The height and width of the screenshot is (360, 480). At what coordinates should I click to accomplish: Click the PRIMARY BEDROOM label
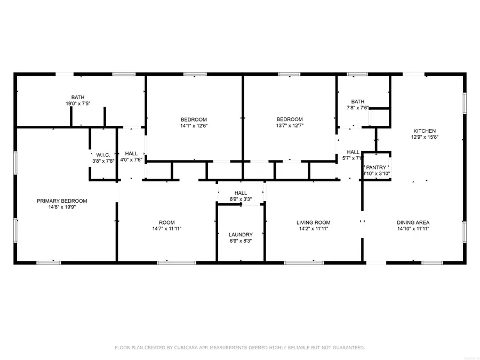coord(62,201)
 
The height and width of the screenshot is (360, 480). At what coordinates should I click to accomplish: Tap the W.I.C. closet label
coord(103,155)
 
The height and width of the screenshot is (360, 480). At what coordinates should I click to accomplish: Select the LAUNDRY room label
coord(241,235)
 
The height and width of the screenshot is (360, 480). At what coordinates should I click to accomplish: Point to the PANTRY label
coord(377,167)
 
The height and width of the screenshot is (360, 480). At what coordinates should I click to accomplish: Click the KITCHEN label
coord(425,131)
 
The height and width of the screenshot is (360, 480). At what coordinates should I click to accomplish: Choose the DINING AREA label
coord(413,222)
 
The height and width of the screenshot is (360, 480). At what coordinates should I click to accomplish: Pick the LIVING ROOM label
coord(313,222)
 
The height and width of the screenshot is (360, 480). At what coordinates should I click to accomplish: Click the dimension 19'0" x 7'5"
coord(78,103)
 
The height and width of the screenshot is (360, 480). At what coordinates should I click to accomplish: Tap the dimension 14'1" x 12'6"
coord(194,126)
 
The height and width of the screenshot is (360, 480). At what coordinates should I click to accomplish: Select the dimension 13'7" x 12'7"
coord(290,126)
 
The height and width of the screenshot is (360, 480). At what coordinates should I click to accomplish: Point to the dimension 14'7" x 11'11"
coord(166,229)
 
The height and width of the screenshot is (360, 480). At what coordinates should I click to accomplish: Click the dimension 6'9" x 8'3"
coord(241,241)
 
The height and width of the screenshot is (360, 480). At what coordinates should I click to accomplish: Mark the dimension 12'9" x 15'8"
coord(425,137)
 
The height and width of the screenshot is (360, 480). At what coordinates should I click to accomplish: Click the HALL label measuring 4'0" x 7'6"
coord(131,154)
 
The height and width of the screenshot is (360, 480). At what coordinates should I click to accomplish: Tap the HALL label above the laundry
coord(241,193)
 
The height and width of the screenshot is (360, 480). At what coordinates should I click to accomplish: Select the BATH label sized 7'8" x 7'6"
coord(357,101)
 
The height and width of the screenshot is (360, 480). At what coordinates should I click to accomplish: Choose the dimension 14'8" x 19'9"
coord(62,207)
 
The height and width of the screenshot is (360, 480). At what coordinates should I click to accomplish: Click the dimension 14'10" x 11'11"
coord(413,229)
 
